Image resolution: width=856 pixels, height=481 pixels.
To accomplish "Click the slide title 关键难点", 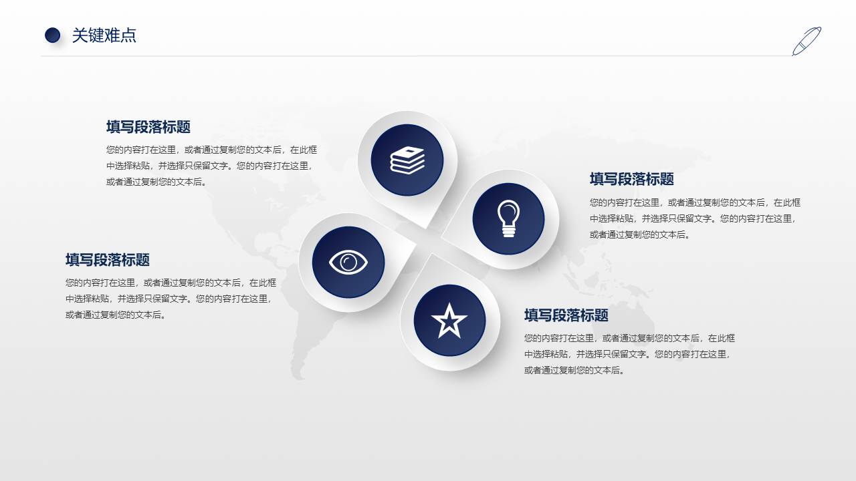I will coord(104,35).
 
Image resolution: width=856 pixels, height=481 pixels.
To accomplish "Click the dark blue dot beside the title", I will coord(52,35).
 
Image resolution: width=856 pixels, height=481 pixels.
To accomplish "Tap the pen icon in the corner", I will coord(807,41).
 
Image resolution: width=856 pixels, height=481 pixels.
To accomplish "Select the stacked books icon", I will coord(407,160).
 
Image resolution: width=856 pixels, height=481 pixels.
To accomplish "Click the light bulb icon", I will coord(508,218).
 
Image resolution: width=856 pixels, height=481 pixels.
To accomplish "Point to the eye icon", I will coord(348,262).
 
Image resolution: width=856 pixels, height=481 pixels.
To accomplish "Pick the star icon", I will coord(449,321).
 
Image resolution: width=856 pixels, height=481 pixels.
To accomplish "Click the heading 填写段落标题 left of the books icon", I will coord(148,127).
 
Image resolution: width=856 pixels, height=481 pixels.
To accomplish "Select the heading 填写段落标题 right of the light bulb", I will coord(631,179).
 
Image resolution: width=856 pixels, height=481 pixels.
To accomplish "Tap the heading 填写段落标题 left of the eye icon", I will coord(108,260).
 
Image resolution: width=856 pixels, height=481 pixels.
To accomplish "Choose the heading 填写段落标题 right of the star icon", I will coord(566,315).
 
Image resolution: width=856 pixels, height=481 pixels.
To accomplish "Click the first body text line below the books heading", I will coord(211,150).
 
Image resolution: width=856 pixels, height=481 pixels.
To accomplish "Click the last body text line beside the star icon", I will coord(575,370).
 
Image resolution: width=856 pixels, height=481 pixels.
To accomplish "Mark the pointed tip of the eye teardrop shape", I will coord(415,245).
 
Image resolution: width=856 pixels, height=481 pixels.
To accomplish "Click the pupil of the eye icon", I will coord(348,263).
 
